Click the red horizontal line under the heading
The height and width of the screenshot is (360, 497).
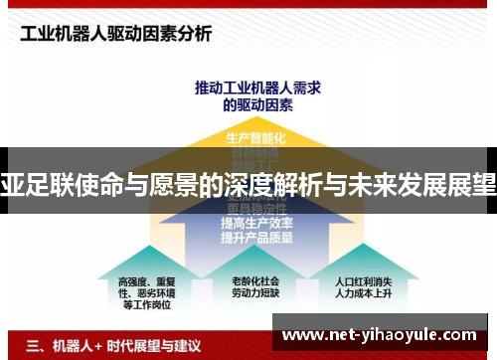pyautogui.click(x=248, y=56)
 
